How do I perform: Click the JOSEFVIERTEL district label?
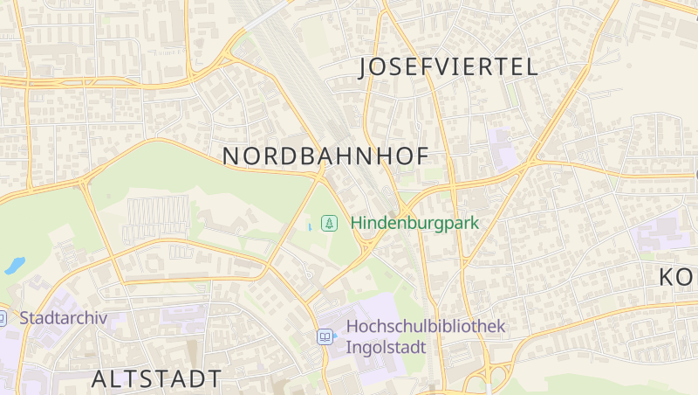point(448,67)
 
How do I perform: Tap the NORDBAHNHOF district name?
point(325,156)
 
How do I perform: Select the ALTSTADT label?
point(156,378)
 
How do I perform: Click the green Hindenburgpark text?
point(414,222)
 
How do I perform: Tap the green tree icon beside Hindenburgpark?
point(329,223)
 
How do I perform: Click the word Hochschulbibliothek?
point(426,326)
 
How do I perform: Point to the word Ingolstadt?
point(386,347)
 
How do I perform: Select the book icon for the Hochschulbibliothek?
point(325,336)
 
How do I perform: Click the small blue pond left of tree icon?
point(309,227)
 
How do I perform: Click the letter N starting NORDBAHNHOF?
point(230,156)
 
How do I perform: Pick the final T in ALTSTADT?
point(213,378)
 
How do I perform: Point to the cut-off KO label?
point(678,277)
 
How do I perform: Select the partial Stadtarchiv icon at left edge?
point(3,318)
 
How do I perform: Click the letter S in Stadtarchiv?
point(24,317)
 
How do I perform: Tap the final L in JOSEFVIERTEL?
point(531,67)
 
